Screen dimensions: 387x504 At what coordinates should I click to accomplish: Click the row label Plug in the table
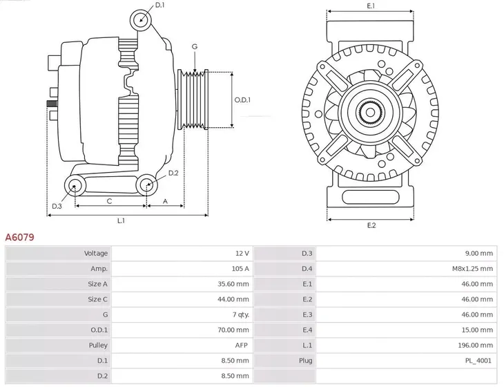click(306, 360)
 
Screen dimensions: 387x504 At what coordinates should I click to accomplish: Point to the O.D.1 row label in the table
click(98, 329)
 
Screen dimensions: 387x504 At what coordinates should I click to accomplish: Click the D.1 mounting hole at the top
click(141, 19)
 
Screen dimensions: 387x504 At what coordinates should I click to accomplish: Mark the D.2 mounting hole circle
click(146, 185)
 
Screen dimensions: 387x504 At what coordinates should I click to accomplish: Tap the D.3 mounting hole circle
click(75, 185)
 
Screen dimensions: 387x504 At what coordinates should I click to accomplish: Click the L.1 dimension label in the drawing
click(120, 220)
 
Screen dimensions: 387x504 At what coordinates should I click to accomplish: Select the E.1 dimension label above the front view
click(371, 6)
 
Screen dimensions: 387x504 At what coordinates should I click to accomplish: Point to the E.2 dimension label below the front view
click(371, 226)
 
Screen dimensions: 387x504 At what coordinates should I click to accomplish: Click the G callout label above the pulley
click(195, 46)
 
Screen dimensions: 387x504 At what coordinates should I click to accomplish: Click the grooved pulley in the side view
click(193, 100)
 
